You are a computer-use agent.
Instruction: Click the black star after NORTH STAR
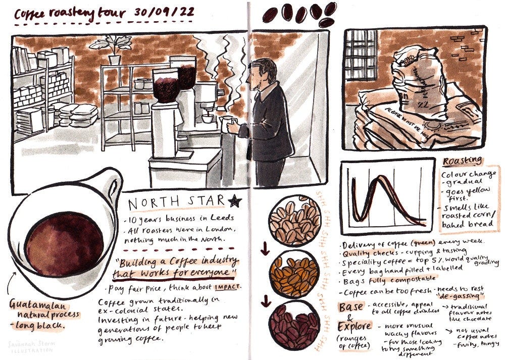(x=234, y=202)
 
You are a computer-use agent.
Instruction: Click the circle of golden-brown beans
(x=294, y=272)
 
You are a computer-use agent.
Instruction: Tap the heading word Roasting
(x=462, y=162)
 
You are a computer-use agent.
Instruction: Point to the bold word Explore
(x=356, y=327)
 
